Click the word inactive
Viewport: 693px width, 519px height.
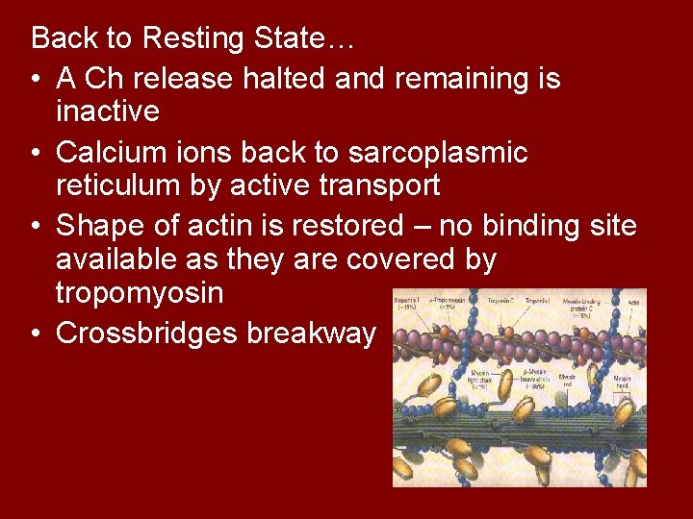click(108, 112)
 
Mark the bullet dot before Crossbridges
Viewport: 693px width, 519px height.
click(36, 334)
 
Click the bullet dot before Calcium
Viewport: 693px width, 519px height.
click(36, 153)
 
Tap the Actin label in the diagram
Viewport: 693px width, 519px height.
click(633, 301)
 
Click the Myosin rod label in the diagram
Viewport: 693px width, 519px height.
click(579, 383)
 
